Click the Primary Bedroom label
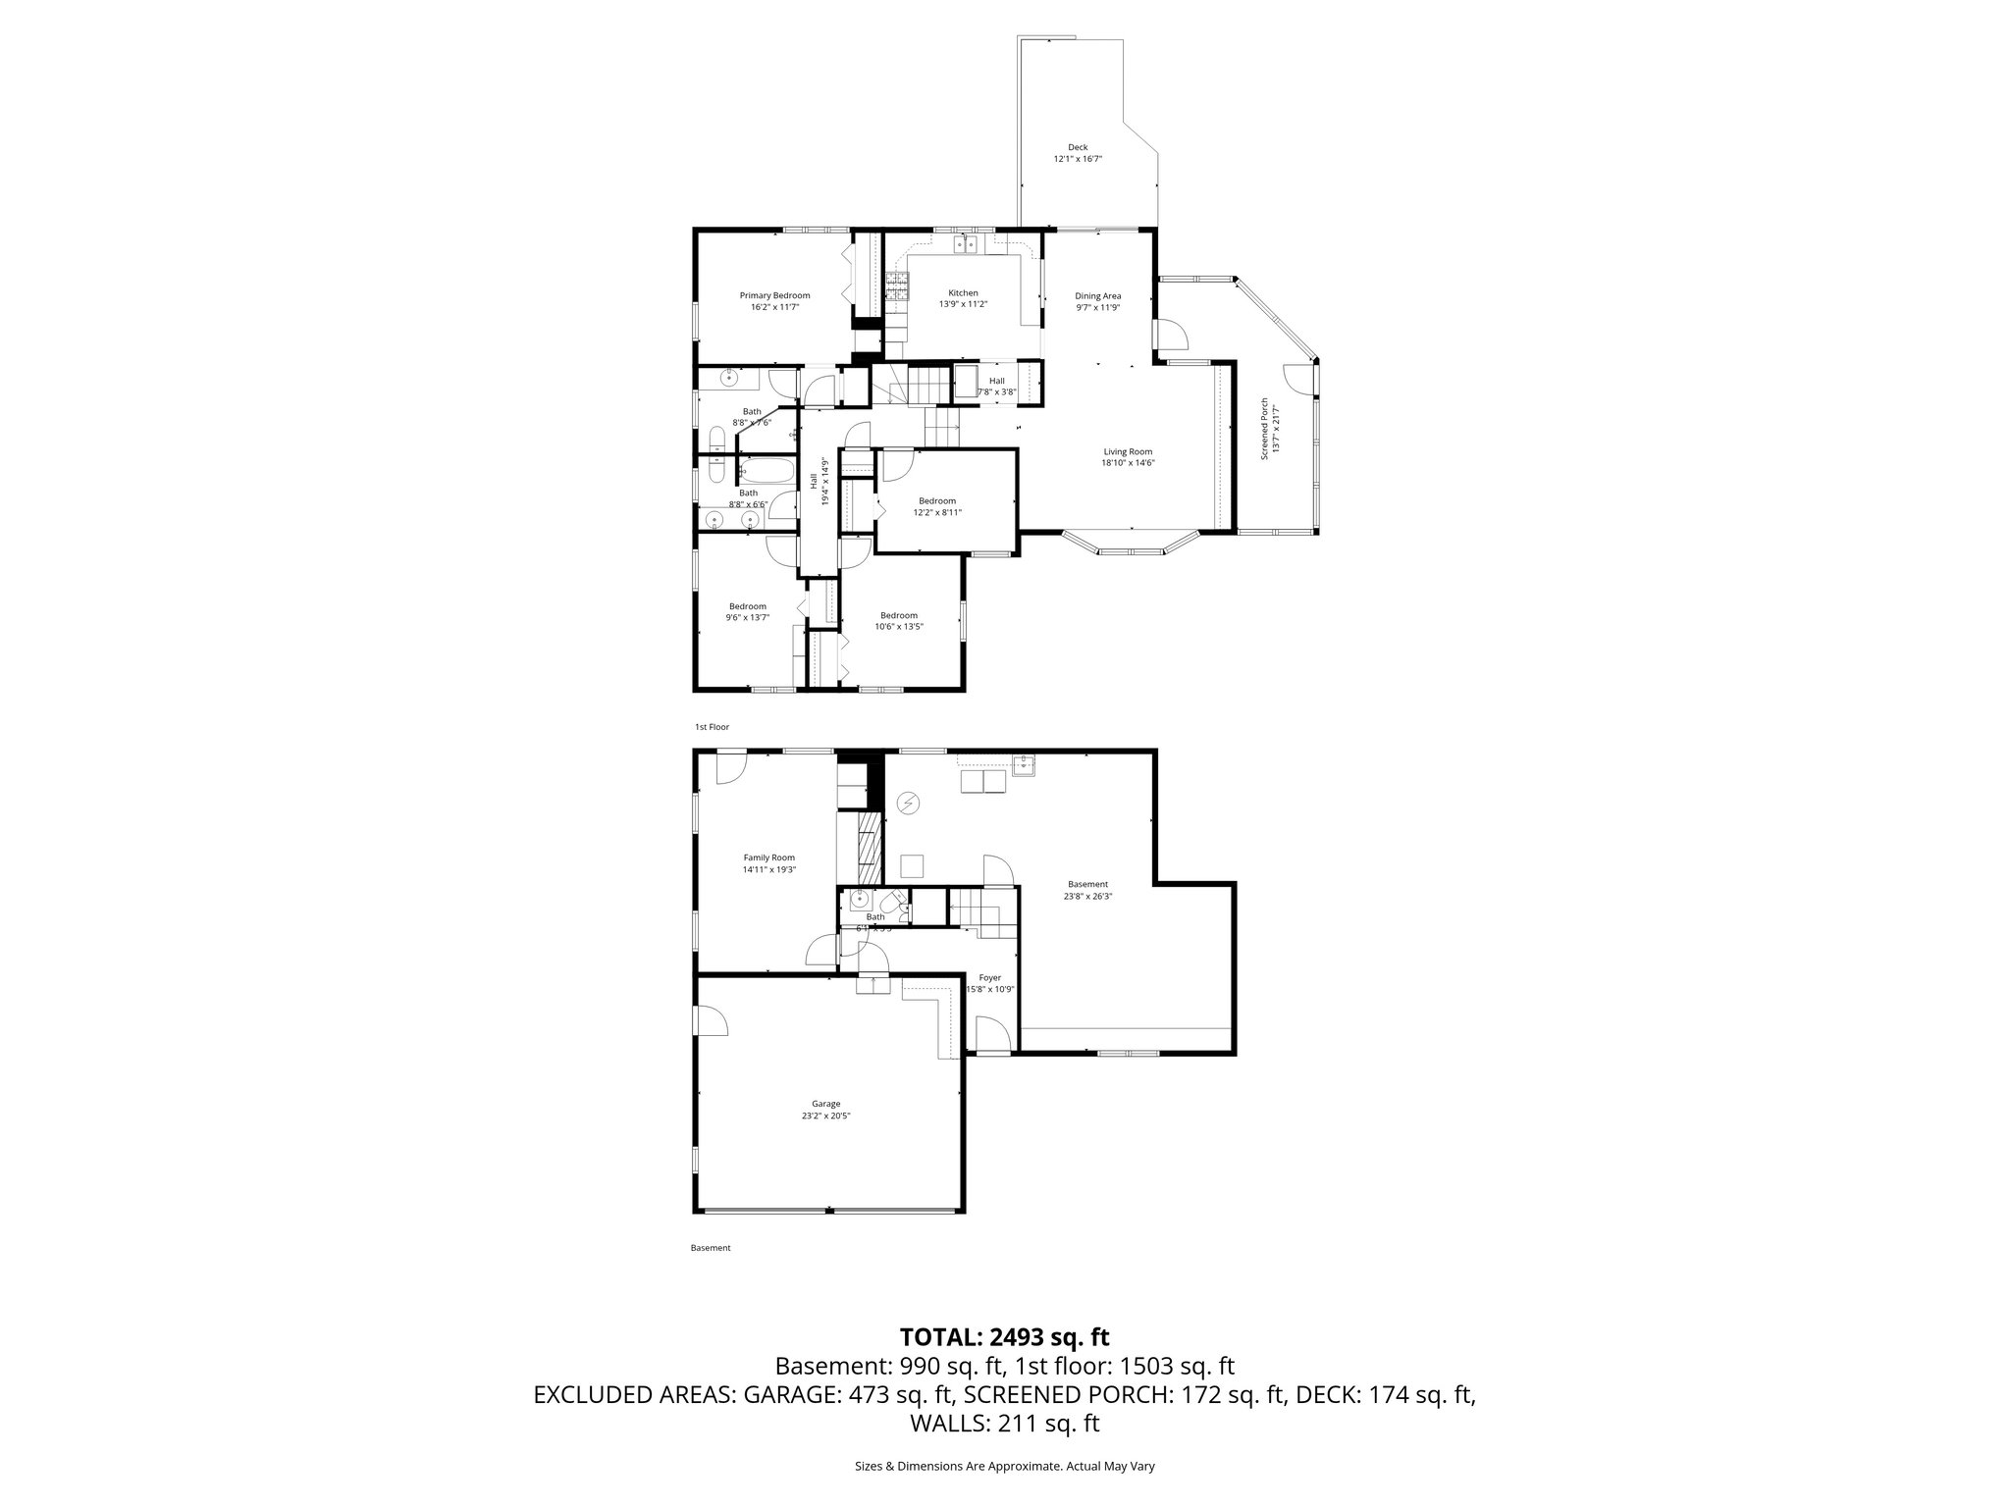(774, 301)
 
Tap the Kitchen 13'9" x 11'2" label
(963, 298)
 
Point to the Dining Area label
(1097, 301)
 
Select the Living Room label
(1127, 457)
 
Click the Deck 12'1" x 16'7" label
(1078, 153)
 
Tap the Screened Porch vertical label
(1269, 429)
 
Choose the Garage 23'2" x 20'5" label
(825, 1110)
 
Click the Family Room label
(768, 863)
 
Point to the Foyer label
(989, 983)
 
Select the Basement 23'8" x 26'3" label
(1087, 890)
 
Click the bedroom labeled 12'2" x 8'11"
(936, 506)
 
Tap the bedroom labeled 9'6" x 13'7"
(747, 612)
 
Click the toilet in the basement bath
(894, 904)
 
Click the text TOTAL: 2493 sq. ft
(1004, 1336)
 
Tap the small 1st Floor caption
(712, 727)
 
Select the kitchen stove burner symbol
(896, 285)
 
